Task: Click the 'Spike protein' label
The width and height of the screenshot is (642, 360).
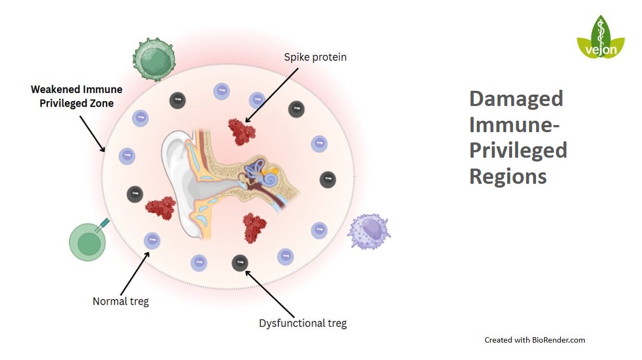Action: click(315, 57)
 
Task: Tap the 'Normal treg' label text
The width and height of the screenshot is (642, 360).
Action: click(121, 301)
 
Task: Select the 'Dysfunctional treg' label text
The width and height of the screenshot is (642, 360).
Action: click(303, 324)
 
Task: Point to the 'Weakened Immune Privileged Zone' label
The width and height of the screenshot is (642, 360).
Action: click(77, 96)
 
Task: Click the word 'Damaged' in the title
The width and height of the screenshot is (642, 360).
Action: click(516, 99)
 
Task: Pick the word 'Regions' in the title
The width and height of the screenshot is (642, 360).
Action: click(508, 176)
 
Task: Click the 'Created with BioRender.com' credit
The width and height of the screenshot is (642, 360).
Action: click(535, 340)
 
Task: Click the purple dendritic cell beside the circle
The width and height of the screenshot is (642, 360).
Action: click(369, 231)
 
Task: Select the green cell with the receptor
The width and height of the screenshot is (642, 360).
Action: click(85, 242)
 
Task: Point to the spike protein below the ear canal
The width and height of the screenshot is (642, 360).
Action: click(254, 226)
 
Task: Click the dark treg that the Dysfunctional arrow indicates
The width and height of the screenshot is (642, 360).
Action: click(240, 263)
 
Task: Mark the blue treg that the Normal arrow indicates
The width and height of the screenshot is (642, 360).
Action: click(152, 240)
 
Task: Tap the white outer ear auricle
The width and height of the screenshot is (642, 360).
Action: click(177, 179)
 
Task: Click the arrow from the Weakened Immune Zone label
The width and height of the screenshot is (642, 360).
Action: click(92, 133)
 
